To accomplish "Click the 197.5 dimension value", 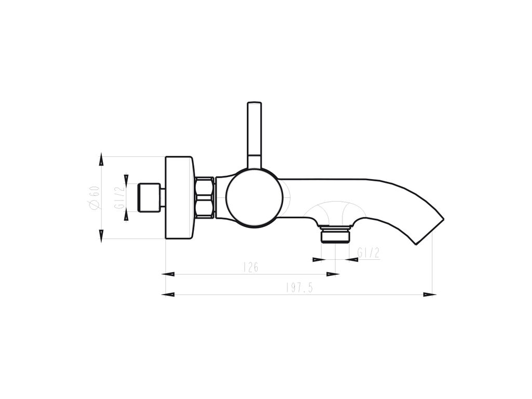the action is pos(299,288).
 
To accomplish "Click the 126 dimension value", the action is pos(251,268).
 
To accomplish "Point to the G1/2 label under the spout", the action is pos(368,253).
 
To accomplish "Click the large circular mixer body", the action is pos(255,197).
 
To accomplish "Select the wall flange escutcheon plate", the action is pos(180,198).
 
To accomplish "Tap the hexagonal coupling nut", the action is pos(205,197).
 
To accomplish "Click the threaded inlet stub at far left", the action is pos(149,198).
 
